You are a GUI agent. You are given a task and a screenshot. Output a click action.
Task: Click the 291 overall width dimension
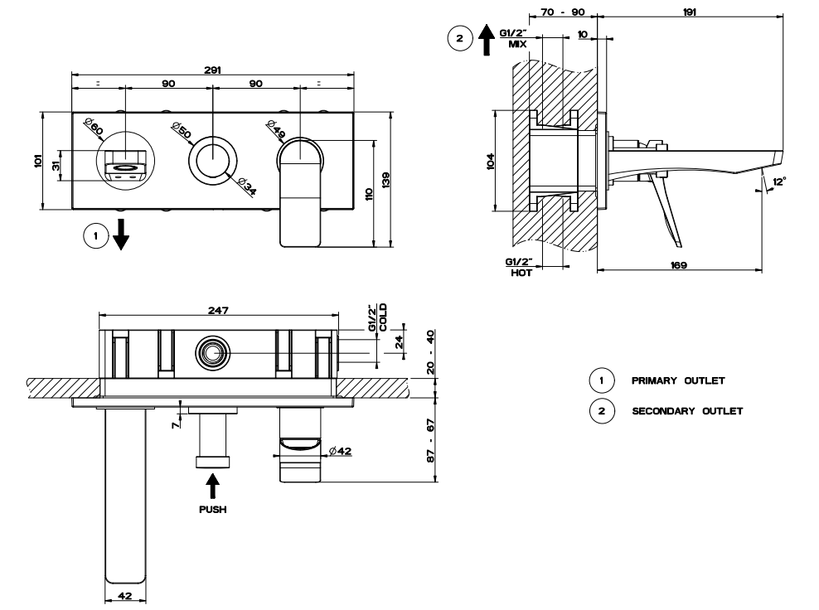pyautogui.click(x=213, y=71)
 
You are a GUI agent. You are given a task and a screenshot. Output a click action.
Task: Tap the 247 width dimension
pyautogui.click(x=218, y=309)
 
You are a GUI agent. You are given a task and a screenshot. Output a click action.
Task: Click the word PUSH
pyautogui.click(x=213, y=510)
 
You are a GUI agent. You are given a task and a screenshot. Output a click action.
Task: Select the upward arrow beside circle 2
pyautogui.click(x=487, y=39)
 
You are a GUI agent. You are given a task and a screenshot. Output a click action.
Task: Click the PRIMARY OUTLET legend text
pyautogui.click(x=678, y=381)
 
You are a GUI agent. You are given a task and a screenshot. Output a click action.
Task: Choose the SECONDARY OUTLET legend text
pyautogui.click(x=687, y=410)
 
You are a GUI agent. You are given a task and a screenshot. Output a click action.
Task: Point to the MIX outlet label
pyautogui.click(x=518, y=44)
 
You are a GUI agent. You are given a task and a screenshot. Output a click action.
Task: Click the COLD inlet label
pyautogui.click(x=383, y=316)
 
